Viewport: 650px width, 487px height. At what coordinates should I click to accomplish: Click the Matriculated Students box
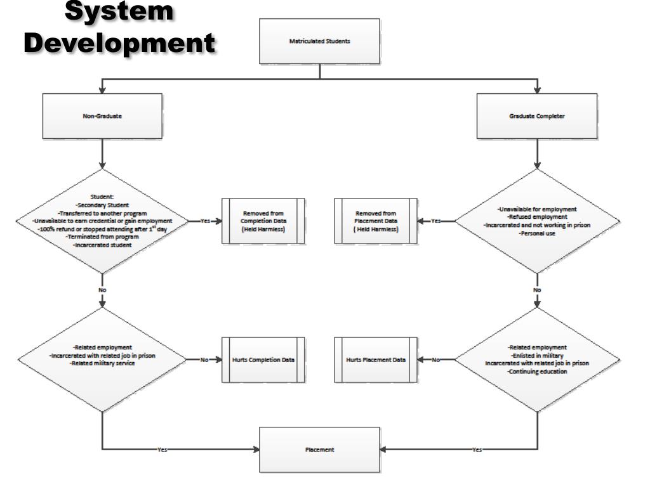[320, 41]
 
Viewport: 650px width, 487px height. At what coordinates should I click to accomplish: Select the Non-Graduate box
[102, 116]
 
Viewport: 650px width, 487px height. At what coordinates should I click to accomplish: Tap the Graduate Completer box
[537, 116]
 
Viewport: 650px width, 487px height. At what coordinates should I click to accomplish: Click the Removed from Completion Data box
[263, 221]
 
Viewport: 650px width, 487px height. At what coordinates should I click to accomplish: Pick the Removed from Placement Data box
[376, 221]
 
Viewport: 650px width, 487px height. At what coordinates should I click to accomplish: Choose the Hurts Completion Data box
[263, 360]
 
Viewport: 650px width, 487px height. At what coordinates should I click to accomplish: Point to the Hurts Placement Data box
[376, 360]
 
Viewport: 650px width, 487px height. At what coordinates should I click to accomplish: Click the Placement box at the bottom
[320, 450]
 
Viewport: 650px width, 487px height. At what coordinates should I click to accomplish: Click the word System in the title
[120, 12]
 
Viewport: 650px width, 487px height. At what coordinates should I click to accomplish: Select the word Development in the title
[120, 42]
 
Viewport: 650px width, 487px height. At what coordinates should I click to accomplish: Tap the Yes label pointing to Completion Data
[205, 221]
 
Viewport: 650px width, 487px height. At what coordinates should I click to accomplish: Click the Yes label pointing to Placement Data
[435, 221]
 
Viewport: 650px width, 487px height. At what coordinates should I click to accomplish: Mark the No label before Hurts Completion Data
[204, 360]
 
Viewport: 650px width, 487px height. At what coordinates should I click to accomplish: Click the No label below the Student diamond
[102, 290]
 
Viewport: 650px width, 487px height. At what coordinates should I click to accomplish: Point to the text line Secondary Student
[102, 205]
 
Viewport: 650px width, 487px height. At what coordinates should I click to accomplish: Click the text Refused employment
[537, 217]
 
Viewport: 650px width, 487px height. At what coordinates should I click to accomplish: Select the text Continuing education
[537, 372]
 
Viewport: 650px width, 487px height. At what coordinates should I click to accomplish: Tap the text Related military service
[102, 363]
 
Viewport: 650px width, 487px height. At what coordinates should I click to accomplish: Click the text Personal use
[537, 233]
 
